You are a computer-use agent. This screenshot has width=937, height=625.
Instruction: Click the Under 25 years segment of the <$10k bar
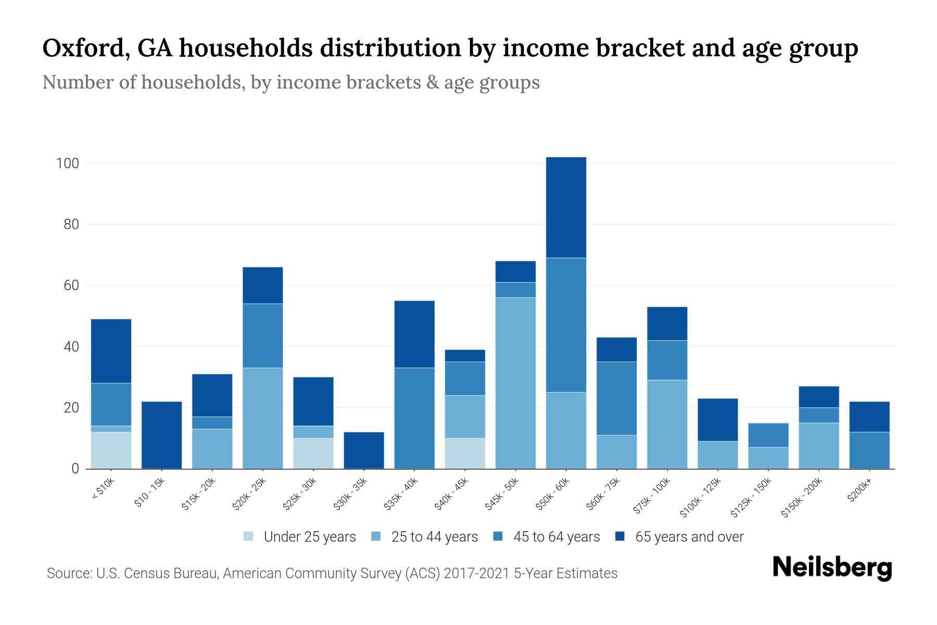click(x=111, y=450)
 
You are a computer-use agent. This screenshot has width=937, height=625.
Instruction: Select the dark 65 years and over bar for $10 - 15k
click(x=161, y=435)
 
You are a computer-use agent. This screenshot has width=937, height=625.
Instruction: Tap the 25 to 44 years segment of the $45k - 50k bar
click(x=515, y=383)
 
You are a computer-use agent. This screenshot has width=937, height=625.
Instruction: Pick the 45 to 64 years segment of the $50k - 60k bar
click(x=566, y=325)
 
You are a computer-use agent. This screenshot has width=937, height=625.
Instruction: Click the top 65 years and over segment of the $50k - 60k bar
click(x=566, y=207)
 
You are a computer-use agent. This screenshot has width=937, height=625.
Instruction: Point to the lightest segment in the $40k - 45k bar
click(x=465, y=453)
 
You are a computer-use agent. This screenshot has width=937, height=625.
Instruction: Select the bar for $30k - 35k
click(x=364, y=450)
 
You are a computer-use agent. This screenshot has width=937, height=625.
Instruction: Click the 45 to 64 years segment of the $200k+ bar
click(x=869, y=450)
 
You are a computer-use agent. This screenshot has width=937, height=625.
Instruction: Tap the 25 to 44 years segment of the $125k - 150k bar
click(x=768, y=458)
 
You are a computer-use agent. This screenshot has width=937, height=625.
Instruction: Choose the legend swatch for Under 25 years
click(x=249, y=536)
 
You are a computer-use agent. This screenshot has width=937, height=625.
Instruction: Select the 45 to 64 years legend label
click(x=556, y=536)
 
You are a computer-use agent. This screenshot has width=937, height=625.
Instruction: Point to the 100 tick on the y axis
click(x=67, y=164)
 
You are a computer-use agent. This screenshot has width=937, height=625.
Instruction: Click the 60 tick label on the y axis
click(x=71, y=285)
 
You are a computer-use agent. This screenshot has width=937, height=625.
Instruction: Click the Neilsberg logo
click(x=832, y=568)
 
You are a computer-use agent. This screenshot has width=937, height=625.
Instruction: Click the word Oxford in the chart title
click(x=82, y=48)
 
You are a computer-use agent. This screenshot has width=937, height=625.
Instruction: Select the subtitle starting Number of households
click(x=290, y=82)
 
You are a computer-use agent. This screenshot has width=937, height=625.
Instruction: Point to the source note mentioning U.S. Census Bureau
click(x=332, y=573)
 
